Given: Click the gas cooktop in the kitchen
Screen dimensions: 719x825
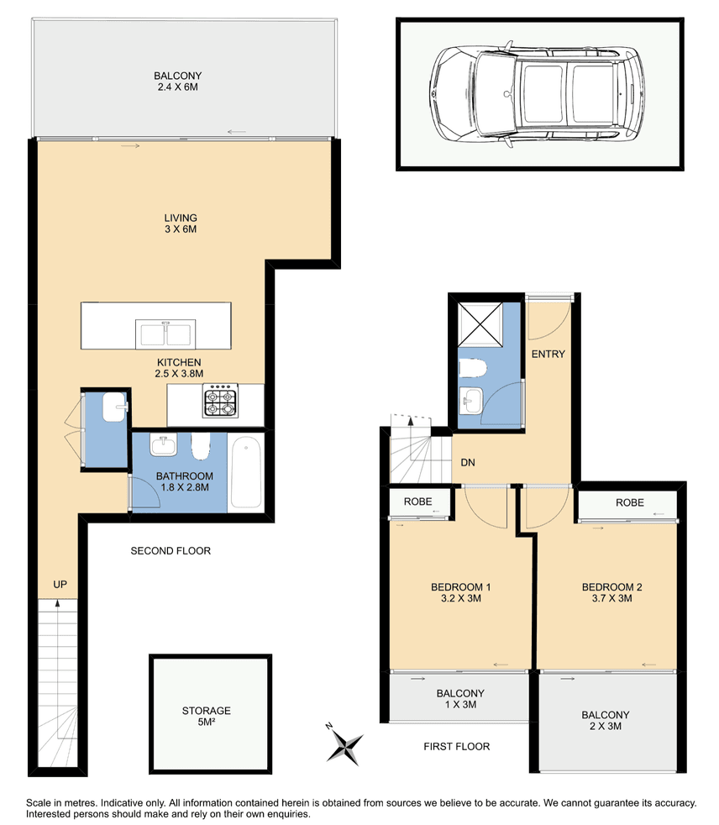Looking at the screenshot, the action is [x=221, y=401].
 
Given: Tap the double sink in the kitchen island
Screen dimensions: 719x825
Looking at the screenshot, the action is [x=165, y=334].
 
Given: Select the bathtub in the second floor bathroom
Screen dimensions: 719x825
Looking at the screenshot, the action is [x=246, y=473].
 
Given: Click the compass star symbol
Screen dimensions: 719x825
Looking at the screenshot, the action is [x=344, y=744].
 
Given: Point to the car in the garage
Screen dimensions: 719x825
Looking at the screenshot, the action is [x=538, y=95].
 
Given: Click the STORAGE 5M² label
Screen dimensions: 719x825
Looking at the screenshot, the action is [x=206, y=716].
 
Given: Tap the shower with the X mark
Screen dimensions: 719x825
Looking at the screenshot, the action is [x=480, y=324].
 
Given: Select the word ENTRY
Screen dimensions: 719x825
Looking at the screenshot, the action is [x=548, y=354].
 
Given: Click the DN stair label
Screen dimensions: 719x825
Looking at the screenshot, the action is [x=468, y=462].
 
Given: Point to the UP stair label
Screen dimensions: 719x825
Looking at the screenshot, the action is [x=60, y=585].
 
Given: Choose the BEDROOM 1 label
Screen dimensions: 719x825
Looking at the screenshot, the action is [x=461, y=592].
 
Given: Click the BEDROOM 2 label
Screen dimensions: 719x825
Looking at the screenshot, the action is [x=611, y=592].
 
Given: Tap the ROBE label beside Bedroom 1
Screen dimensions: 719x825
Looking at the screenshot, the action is [x=418, y=502].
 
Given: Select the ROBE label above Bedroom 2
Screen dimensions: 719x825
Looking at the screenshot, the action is [x=630, y=502].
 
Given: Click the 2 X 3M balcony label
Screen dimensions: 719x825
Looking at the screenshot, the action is [x=606, y=720].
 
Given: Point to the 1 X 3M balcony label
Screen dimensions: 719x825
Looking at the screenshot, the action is [x=460, y=699].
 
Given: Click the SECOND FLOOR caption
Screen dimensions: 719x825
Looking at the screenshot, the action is [x=171, y=551].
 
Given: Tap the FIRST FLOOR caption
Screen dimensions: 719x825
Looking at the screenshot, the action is [x=457, y=747].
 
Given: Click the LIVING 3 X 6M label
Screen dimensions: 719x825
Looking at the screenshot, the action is [x=181, y=223].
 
